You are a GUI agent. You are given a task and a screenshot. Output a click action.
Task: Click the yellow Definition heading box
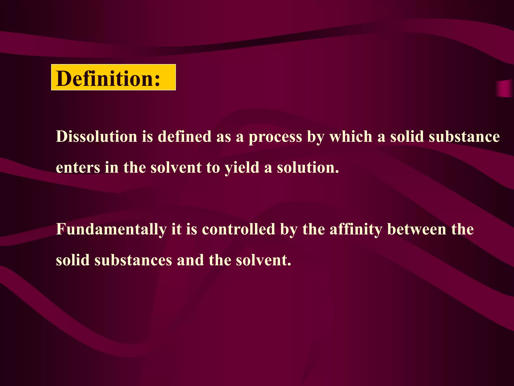point(113,77)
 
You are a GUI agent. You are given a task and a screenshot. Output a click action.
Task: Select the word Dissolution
point(97,137)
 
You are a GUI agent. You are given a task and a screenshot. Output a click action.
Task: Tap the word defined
point(184,137)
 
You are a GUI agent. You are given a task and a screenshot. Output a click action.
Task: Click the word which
point(351,137)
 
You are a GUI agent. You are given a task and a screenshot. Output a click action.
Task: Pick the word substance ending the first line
point(464,137)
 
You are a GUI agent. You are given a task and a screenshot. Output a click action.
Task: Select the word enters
point(78,168)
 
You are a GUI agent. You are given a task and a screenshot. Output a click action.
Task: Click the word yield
point(242,168)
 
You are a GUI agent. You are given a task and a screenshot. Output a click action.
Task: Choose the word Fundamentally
point(111,229)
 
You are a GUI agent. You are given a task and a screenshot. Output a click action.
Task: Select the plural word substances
point(133,260)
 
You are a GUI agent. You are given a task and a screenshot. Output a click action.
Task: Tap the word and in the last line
point(190,260)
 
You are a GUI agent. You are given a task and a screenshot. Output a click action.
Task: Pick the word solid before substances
point(73,260)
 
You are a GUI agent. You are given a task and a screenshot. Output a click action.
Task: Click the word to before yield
point(213,168)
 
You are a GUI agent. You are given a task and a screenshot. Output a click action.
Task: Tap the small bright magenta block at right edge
point(505,88)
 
